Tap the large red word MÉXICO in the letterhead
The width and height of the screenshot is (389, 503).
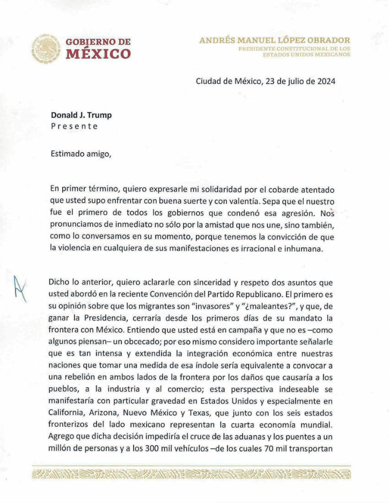[98, 54]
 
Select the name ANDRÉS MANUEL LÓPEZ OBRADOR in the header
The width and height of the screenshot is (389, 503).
[275, 40]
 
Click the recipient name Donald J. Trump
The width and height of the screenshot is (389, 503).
[81, 115]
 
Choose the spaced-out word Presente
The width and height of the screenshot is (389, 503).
[74, 127]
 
